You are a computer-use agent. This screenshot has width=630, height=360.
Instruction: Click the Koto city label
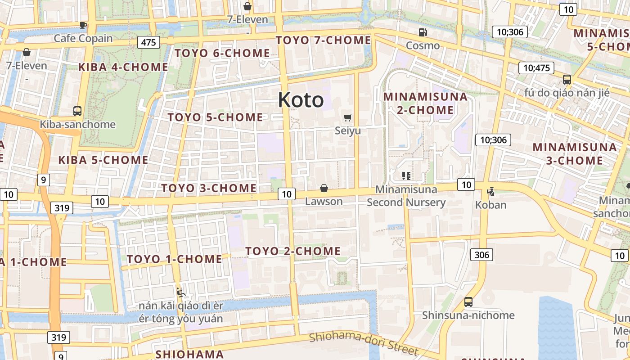[301, 100]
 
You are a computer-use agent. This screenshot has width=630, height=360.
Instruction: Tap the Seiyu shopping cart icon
[347, 118]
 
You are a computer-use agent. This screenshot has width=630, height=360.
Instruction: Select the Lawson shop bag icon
[324, 188]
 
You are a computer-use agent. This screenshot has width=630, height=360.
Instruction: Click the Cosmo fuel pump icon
[423, 32]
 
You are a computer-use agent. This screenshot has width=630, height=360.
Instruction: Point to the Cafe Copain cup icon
[83, 25]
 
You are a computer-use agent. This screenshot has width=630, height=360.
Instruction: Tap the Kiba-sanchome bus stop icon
[77, 111]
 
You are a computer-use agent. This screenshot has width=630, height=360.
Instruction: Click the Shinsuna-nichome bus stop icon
[468, 302]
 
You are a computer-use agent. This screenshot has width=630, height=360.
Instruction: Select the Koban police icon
[490, 191]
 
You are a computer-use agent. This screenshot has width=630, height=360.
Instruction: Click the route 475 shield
[148, 42]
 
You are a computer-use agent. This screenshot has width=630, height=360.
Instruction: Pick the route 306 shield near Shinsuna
[481, 255]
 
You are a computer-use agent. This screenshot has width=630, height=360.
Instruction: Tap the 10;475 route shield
[536, 68]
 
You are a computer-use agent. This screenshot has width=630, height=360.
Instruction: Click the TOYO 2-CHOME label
[293, 251]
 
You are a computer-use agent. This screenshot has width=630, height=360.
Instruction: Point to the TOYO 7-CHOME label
[323, 40]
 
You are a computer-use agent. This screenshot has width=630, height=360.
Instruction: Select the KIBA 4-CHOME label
[123, 67]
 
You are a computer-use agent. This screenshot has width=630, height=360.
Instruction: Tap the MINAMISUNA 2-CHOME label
[418, 103]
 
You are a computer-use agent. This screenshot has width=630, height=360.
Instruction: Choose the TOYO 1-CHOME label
[174, 259]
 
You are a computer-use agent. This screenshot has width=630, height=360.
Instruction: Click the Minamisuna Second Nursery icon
[406, 175]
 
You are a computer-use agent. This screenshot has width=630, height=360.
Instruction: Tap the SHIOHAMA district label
[189, 354]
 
